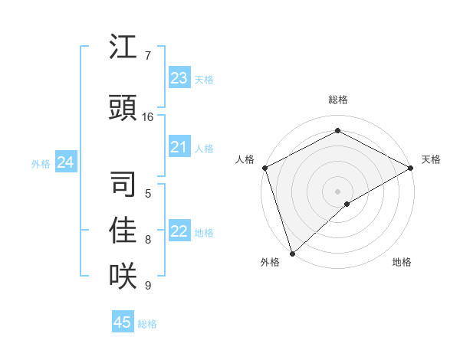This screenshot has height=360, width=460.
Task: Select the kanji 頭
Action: tap(123, 108)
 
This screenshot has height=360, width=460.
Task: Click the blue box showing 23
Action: tap(179, 78)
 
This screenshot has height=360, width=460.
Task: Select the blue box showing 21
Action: tap(179, 147)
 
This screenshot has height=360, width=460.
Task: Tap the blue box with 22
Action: tap(179, 231)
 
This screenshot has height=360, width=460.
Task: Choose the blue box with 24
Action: tap(65, 162)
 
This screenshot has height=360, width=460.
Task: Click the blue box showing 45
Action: tap(123, 322)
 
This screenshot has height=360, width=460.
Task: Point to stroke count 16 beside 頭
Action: tap(148, 117)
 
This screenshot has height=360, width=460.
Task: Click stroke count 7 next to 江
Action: tap(147, 56)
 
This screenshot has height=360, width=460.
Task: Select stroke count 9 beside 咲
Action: tap(147, 286)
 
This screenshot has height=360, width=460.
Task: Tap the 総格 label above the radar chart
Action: tap(337, 100)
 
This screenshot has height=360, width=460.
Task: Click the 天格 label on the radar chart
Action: tap(431, 159)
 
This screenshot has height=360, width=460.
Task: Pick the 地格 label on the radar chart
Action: tap(402, 262)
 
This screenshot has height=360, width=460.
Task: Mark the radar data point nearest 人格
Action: tap(264, 168)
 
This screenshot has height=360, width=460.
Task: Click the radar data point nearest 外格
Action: tap(292, 253)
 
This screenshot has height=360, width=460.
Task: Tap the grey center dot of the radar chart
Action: tap(337, 191)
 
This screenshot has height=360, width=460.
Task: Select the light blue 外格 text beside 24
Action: tap(41, 163)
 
